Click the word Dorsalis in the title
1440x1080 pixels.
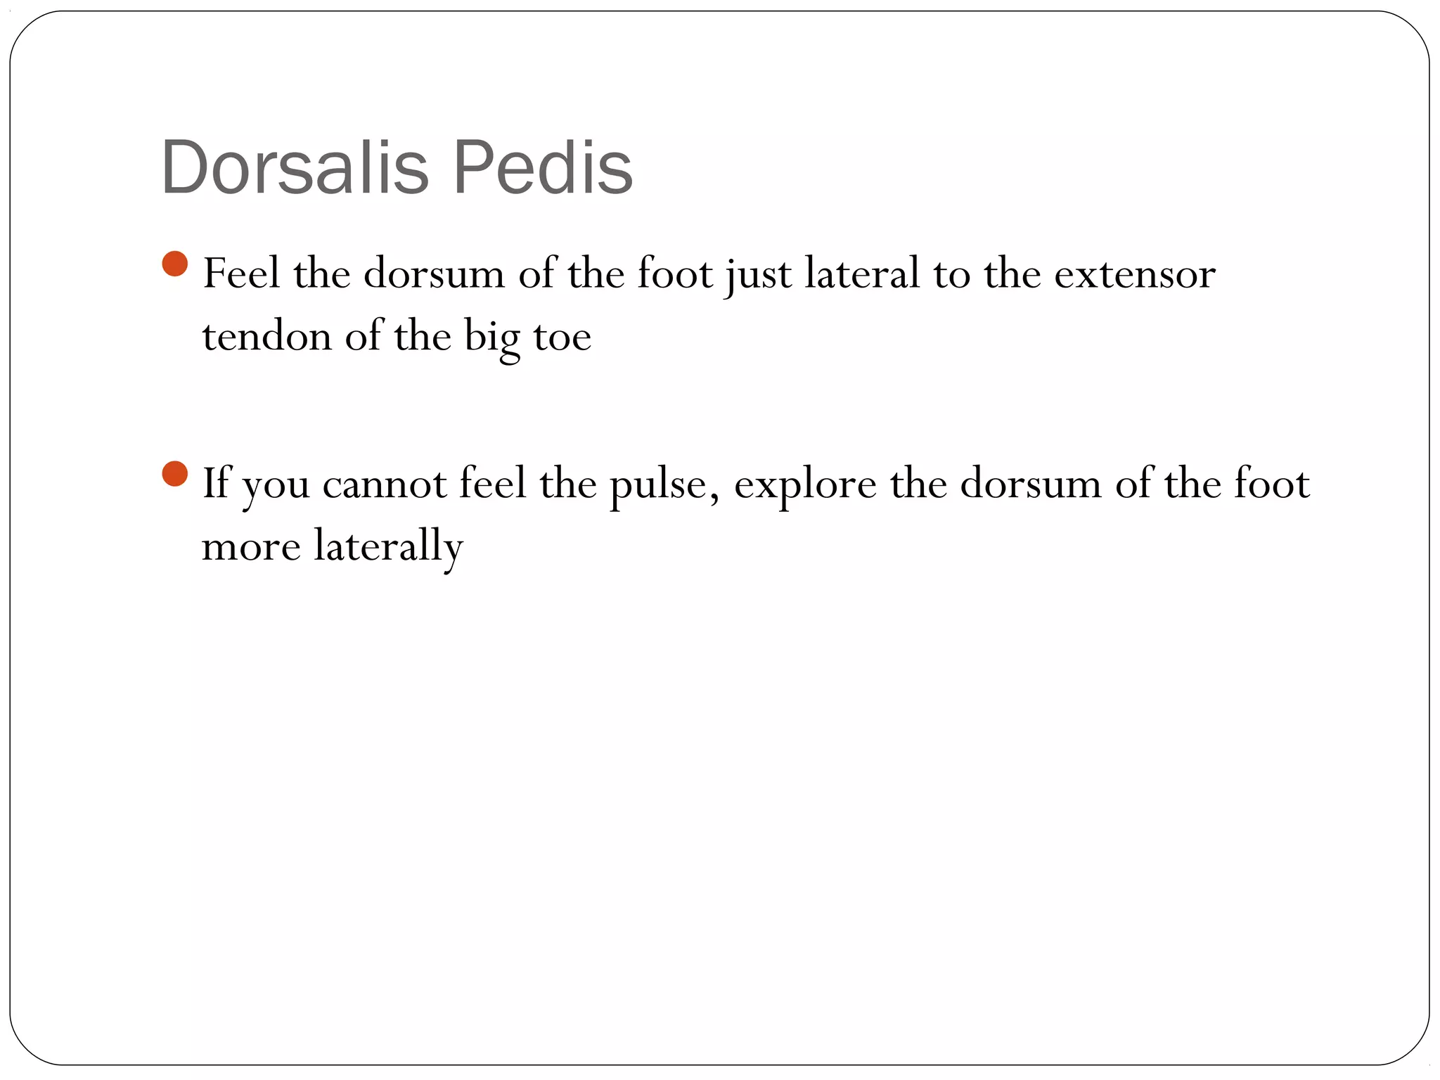pos(294,168)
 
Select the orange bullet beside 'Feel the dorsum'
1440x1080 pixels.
pos(175,264)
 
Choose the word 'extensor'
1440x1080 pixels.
pos(1134,274)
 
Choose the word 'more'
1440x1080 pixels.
pos(251,547)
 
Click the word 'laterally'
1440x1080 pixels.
pos(388,546)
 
